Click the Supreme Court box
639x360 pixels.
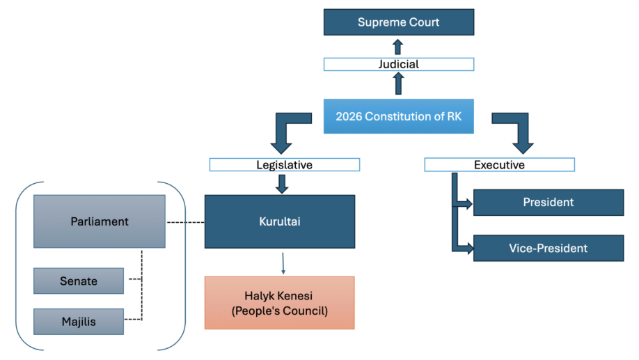point(398,22)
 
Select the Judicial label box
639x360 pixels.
point(398,64)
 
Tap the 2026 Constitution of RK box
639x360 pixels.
point(398,116)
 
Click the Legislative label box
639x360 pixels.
point(284,165)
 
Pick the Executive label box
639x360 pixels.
point(499,165)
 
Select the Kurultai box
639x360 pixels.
point(279,221)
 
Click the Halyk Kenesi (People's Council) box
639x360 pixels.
point(279,302)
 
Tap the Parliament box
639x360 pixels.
point(100,221)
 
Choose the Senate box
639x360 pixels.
point(79,281)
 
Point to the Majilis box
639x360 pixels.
point(79,321)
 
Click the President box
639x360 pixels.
point(549,203)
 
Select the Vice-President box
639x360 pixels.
point(549,248)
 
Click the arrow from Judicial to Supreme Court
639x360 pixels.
point(398,47)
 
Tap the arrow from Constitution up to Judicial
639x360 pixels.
point(398,84)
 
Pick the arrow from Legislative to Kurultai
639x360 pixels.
point(282,183)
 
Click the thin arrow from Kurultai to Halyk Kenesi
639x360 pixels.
point(283,262)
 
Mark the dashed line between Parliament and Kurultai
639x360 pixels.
point(184,223)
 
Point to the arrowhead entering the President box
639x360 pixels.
point(467,205)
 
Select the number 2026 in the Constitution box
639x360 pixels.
point(349,116)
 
